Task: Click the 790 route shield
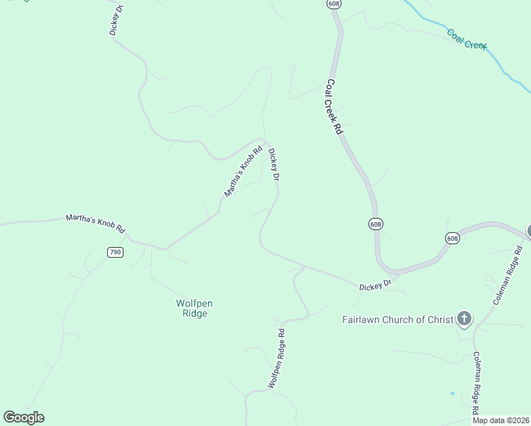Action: point(115,252)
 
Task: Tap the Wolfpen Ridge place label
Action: point(194,308)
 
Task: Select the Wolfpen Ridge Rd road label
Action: point(277,359)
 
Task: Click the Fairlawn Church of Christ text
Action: point(398,319)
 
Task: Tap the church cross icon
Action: point(464,318)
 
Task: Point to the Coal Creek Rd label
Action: point(334,106)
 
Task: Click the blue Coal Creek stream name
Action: point(466,38)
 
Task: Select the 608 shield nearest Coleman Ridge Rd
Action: point(453,238)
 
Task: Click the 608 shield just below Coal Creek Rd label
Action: point(376,224)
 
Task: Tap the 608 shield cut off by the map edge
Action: point(334,4)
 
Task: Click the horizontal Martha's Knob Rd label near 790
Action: point(96,224)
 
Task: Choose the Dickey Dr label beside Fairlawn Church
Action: point(376,285)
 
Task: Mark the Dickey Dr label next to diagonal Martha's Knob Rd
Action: point(273,165)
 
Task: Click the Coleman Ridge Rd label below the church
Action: point(476,383)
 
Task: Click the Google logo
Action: point(23,417)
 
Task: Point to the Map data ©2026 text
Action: point(500,420)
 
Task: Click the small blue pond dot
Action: point(452,393)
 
